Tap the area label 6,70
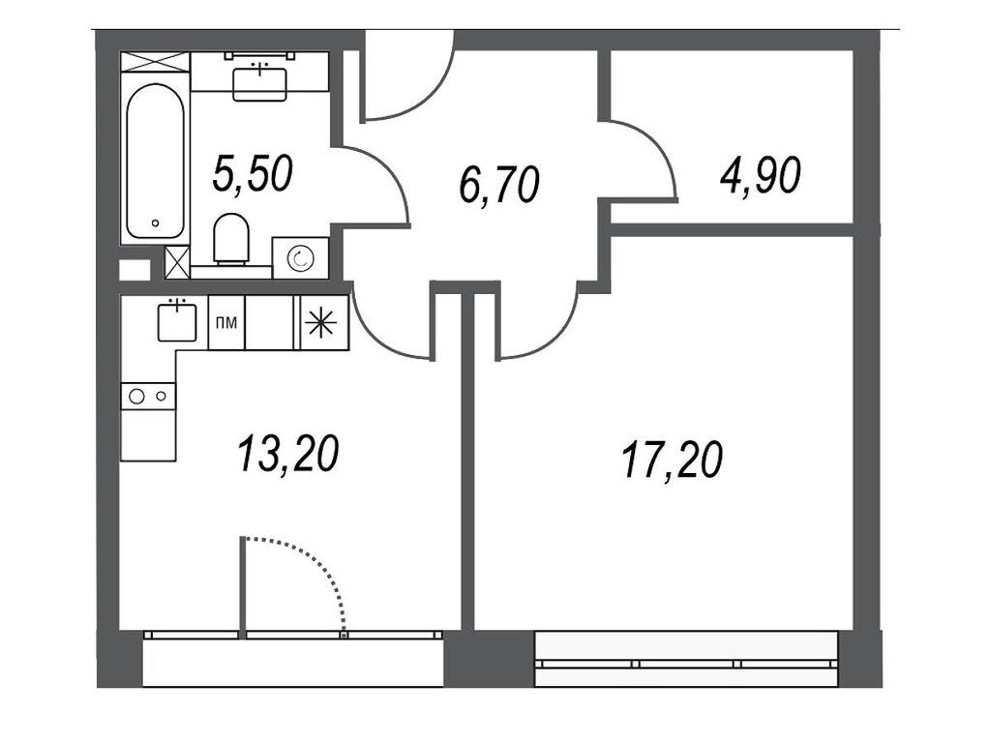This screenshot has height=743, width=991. (498, 184)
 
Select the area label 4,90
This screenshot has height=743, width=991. (760, 176)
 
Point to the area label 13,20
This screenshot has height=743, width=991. (287, 452)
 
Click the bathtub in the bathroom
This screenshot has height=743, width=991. (155, 162)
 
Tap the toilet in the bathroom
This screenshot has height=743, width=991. (231, 239)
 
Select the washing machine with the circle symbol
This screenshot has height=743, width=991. (300, 258)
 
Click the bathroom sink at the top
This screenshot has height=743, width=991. (259, 78)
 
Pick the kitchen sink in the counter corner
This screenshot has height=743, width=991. (177, 321)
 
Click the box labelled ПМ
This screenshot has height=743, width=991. (226, 322)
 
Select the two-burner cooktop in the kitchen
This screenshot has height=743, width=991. (148, 395)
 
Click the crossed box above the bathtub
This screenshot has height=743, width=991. (155, 61)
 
